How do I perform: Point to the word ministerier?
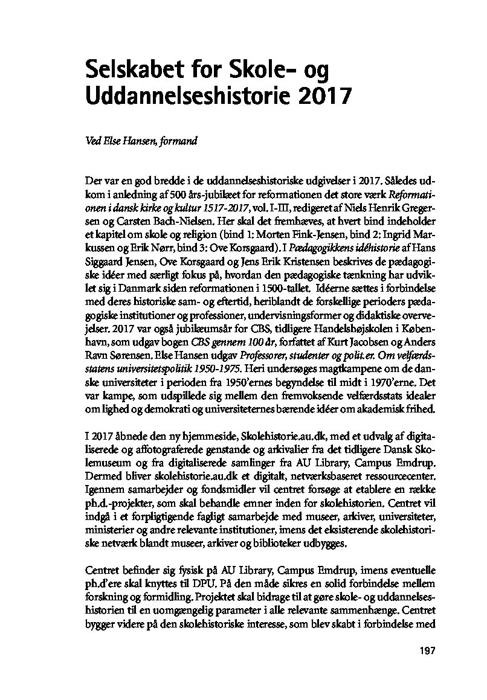click(x=117, y=530)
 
